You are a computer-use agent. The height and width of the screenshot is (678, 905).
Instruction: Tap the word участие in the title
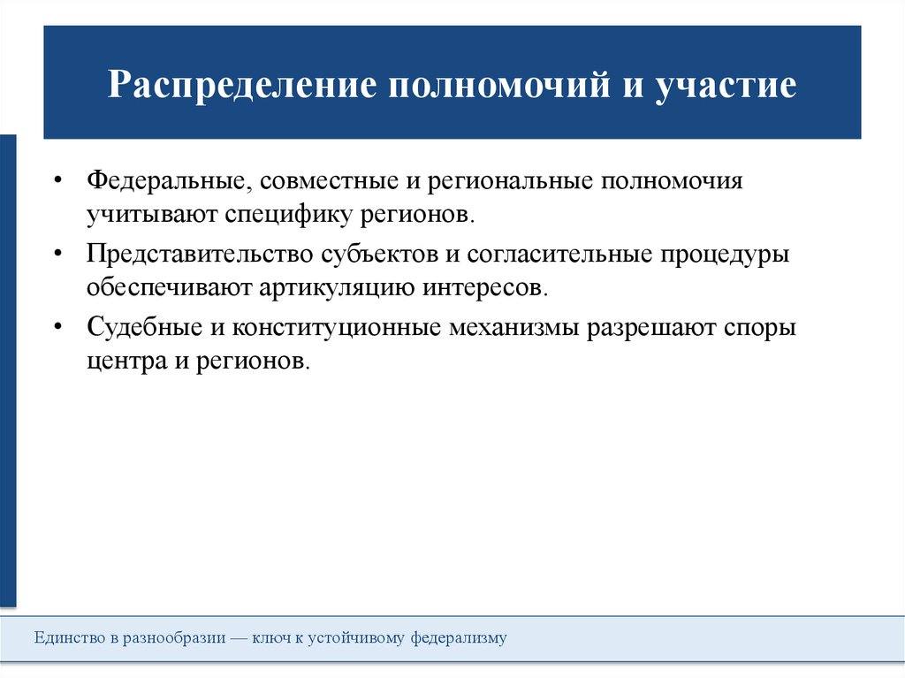tap(726, 87)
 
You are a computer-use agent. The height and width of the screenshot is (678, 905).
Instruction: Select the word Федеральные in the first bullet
tap(165, 180)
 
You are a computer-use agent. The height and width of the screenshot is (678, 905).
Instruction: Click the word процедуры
tap(727, 254)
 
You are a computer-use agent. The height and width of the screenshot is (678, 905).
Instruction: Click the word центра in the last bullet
tap(119, 362)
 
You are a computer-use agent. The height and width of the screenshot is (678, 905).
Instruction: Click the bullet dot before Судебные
tap(57, 327)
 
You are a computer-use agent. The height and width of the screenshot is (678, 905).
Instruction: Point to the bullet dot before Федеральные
tap(57, 180)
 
